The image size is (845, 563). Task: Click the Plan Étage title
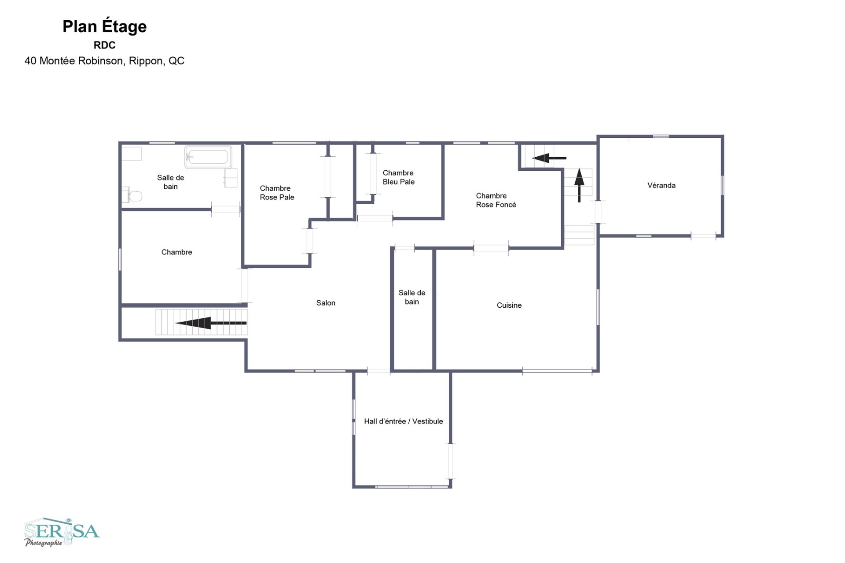tap(104, 26)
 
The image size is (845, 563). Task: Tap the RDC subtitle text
tap(104, 45)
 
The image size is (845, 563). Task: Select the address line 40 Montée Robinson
tap(104, 61)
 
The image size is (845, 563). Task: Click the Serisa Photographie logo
tap(62, 532)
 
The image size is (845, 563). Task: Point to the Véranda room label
tap(661, 185)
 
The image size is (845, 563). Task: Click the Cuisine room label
tap(509, 305)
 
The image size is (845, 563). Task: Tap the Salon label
tap(326, 303)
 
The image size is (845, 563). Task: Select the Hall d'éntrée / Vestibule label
tap(403, 421)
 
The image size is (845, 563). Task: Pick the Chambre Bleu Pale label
tap(398, 177)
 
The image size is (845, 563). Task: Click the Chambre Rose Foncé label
tap(496, 200)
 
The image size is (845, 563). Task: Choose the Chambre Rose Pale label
tap(277, 193)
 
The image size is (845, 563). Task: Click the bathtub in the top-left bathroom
tap(208, 157)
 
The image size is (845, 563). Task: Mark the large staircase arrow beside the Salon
tap(211, 323)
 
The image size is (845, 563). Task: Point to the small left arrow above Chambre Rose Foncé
tap(549, 158)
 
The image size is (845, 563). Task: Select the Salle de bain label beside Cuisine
tap(411, 297)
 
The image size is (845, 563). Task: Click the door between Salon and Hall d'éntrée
tap(378, 371)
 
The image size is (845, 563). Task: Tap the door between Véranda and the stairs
tap(598, 212)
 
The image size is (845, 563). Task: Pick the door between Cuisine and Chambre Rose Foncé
tap(491, 248)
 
